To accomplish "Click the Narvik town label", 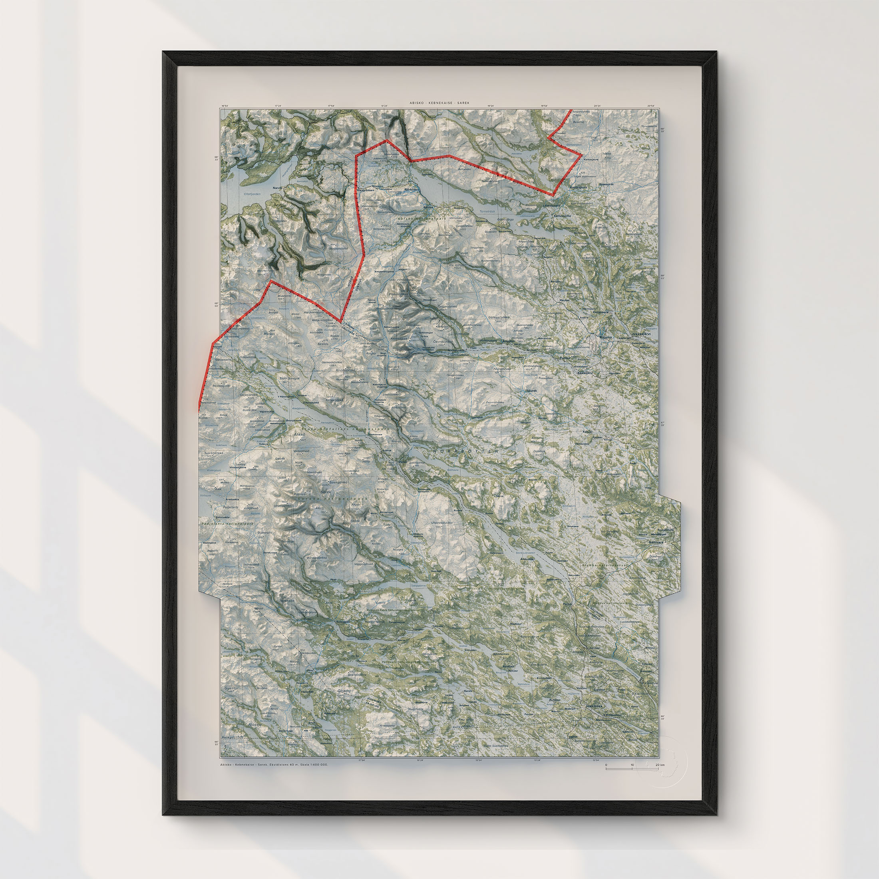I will (277, 188).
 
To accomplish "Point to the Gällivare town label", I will (656, 542).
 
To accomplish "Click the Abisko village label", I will (428, 207).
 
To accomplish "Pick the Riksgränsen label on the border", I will (366, 190).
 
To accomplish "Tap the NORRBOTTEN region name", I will (466, 450).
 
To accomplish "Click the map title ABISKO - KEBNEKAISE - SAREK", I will (439, 103).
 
